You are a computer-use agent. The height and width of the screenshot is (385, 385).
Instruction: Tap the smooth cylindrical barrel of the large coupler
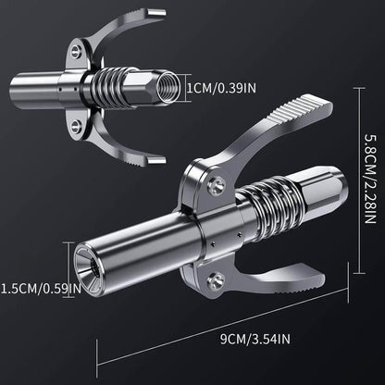pos(139,249)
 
